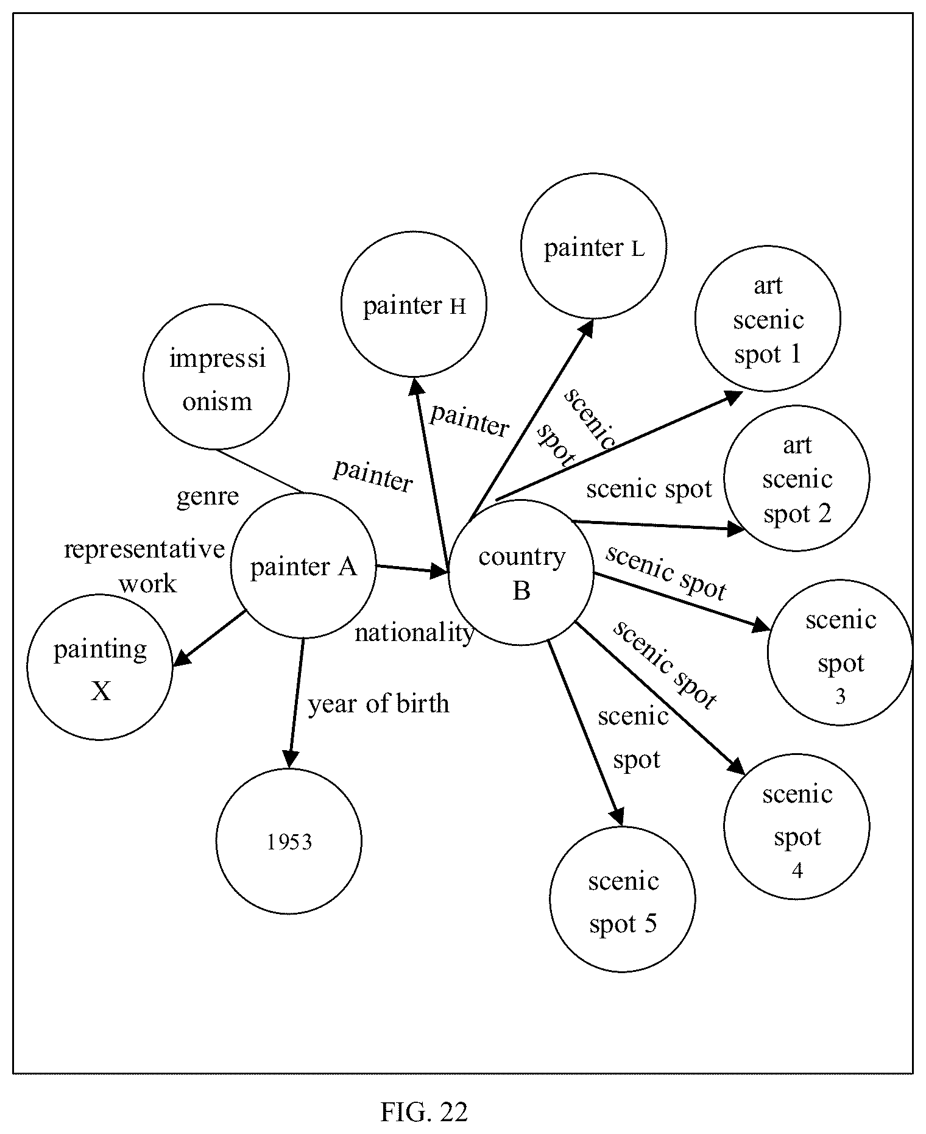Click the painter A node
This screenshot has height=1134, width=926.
[x=303, y=566]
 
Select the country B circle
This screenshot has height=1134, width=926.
[x=521, y=573]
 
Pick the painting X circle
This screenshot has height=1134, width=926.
[x=100, y=667]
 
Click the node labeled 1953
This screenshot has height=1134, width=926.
[x=289, y=842]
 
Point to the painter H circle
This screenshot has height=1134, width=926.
[x=414, y=305]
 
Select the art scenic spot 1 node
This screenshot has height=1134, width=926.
[x=768, y=319]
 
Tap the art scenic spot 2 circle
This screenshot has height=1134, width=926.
[x=797, y=479]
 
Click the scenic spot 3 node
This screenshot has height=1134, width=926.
[x=840, y=653]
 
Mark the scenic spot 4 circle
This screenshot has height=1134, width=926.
[x=797, y=827]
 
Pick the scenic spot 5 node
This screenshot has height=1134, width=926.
[x=623, y=899]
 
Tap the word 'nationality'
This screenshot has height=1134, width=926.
[x=414, y=634]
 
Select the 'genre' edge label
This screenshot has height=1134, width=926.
[x=208, y=497]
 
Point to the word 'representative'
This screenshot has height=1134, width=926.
[x=144, y=549]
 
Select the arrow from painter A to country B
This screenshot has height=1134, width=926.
[x=412, y=569]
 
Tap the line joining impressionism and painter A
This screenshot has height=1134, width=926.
[x=260, y=471]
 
